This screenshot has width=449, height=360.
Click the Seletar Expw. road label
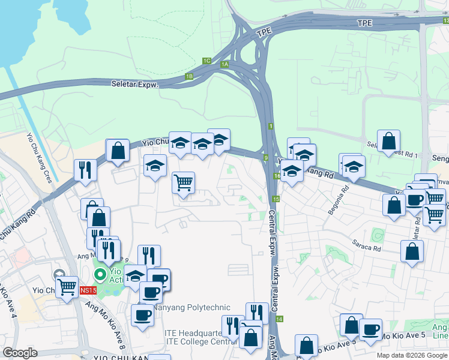pos(134,85)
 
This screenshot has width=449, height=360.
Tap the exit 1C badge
pos(206,61)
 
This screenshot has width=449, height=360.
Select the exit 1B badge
pos(189,76)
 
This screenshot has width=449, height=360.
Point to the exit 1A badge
pos(225,64)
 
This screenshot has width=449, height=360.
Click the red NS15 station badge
pos(88,290)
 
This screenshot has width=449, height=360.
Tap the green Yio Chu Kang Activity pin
pos(100,275)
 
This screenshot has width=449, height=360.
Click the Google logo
pos(20,353)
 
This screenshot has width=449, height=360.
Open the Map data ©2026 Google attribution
pos(412,355)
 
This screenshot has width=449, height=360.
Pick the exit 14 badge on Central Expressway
pos(280,320)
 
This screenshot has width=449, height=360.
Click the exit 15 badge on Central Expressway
pos(276,199)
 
